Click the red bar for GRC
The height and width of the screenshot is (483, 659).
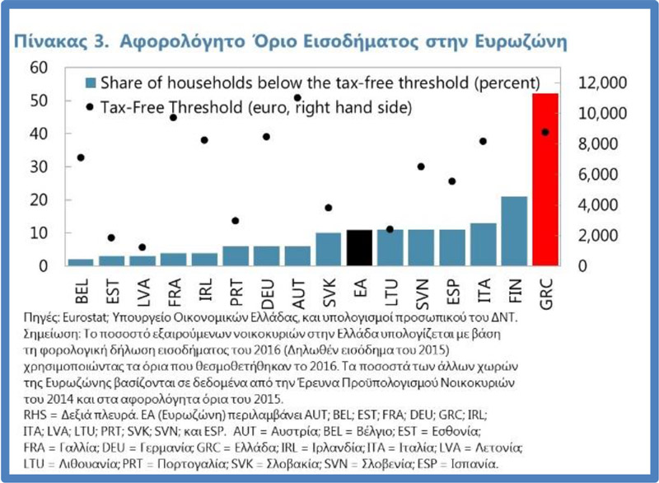545,180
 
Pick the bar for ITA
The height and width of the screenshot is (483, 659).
483,245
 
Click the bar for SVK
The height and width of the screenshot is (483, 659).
328,250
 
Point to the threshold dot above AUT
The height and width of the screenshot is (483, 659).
297,98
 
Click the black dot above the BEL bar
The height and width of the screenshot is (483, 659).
80,157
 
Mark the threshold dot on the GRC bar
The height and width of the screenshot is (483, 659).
545,132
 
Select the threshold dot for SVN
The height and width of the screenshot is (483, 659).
421,166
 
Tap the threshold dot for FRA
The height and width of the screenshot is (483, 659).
173,118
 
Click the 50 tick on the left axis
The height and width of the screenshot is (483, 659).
40,101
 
